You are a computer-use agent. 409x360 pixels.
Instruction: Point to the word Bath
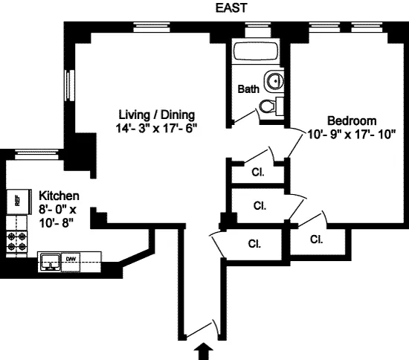[x=248, y=89]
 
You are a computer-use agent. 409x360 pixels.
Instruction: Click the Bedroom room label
[x=352, y=120]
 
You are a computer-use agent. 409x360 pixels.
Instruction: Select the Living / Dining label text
[x=157, y=115]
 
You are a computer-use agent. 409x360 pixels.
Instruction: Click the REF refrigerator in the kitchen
[x=13, y=200]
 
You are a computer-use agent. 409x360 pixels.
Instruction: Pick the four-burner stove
[x=16, y=240]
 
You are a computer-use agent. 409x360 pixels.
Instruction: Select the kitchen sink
[x=50, y=262]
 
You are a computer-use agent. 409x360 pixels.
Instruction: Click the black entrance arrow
[x=205, y=350]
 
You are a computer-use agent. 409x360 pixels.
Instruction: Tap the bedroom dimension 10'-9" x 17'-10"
[x=352, y=135]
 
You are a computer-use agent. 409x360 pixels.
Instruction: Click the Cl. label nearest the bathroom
[x=258, y=172]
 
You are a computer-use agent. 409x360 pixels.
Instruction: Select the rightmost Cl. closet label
[x=316, y=240]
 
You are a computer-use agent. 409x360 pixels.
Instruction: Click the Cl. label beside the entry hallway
[x=254, y=242]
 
